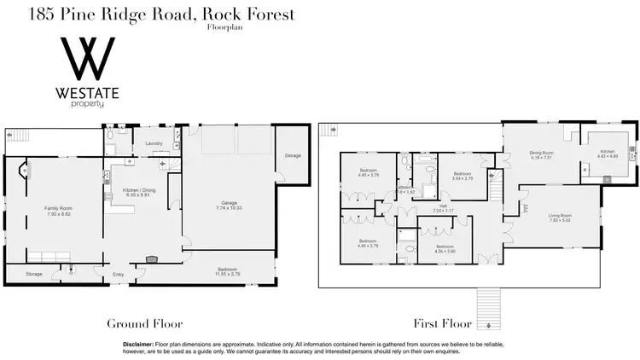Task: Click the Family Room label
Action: (58, 210)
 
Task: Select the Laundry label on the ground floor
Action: (154, 144)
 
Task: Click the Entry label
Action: (119, 274)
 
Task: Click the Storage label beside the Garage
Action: (293, 156)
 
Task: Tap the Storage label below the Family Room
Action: (33, 274)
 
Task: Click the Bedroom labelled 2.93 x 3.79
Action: (461, 174)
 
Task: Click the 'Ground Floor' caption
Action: (143, 323)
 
